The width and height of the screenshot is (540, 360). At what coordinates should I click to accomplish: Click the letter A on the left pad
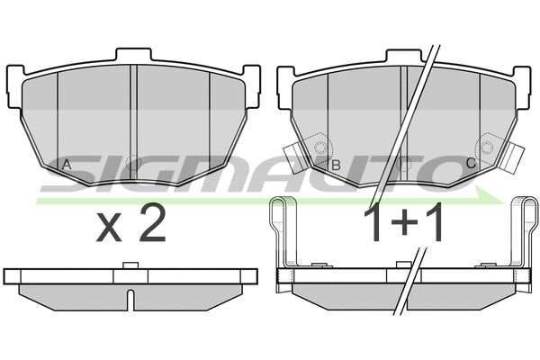click(x=67, y=165)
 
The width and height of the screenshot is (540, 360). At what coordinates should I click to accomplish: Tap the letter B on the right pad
click(x=336, y=165)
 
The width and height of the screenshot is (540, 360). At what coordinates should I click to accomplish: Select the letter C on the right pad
click(x=471, y=163)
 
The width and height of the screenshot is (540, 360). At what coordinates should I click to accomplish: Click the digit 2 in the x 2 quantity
click(x=153, y=222)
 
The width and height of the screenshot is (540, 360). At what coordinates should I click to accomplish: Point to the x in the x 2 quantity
click(x=109, y=227)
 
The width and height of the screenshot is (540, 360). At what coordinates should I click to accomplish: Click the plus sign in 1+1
click(x=403, y=223)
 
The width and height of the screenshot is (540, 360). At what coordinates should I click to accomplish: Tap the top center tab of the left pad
click(x=133, y=55)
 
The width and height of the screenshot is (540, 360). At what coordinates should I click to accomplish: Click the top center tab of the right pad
click(x=404, y=56)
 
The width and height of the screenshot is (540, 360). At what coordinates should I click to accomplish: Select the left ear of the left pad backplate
click(x=14, y=86)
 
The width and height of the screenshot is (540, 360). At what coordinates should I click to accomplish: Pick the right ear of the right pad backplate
click(x=523, y=87)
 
